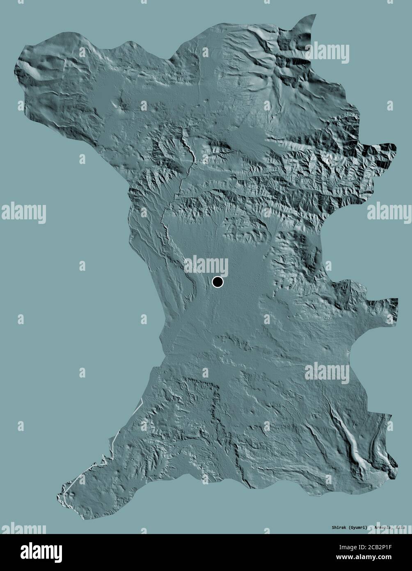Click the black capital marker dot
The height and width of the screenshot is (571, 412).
click(x=217, y=282)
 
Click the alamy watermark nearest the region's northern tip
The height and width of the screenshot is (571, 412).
click(x=327, y=53)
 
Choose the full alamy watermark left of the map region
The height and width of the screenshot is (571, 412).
click(x=23, y=213)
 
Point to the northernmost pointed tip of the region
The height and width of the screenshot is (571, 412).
click(x=314, y=16)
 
